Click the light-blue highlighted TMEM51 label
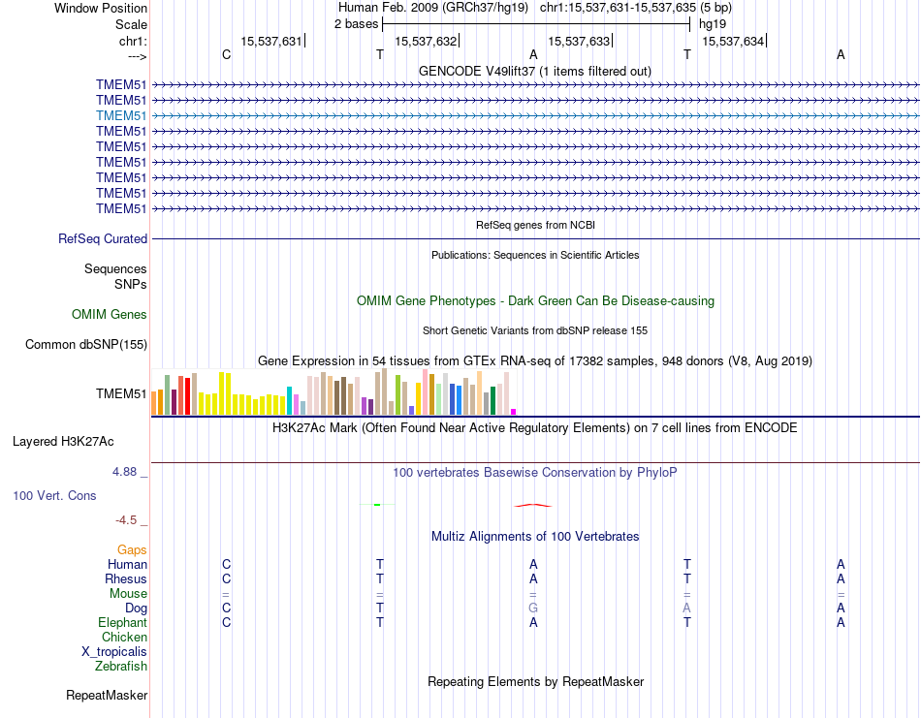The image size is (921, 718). tap(121, 115)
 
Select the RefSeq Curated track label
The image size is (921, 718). tap(103, 238)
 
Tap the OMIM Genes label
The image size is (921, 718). tap(110, 314)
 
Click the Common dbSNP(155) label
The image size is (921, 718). tap(86, 344)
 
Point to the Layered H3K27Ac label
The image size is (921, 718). tap(63, 442)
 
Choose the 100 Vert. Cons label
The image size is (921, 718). tap(54, 495)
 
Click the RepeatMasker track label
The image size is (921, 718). tap(107, 695)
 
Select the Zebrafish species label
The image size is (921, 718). tap(121, 666)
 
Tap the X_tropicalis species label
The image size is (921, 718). tap(114, 651)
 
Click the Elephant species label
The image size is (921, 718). tap(122, 622)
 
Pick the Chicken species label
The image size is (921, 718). tap(124, 637)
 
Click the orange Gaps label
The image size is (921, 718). tap(132, 549)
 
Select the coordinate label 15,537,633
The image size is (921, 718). tap(579, 41)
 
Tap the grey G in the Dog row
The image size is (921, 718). tap(533, 608)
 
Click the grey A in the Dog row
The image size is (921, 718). tap(686, 608)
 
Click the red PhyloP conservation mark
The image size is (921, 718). tap(533, 505)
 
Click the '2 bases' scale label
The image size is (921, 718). tap(354, 23)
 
